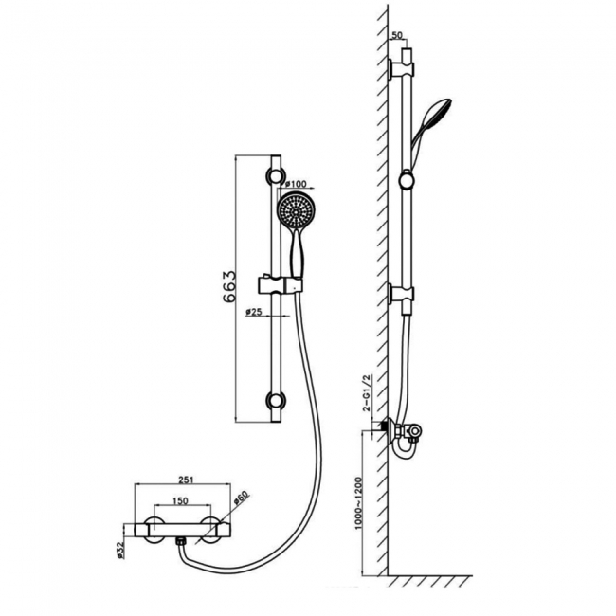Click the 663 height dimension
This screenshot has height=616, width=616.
pos(228,284)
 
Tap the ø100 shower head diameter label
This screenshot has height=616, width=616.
pos(294,184)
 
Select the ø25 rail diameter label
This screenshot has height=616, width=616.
pos(253,311)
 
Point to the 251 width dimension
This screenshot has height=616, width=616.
pos(185,480)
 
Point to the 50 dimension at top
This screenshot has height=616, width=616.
pos(397,35)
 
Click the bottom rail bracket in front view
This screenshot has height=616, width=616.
pos(276,401)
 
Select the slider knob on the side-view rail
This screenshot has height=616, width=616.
pos(407,177)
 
